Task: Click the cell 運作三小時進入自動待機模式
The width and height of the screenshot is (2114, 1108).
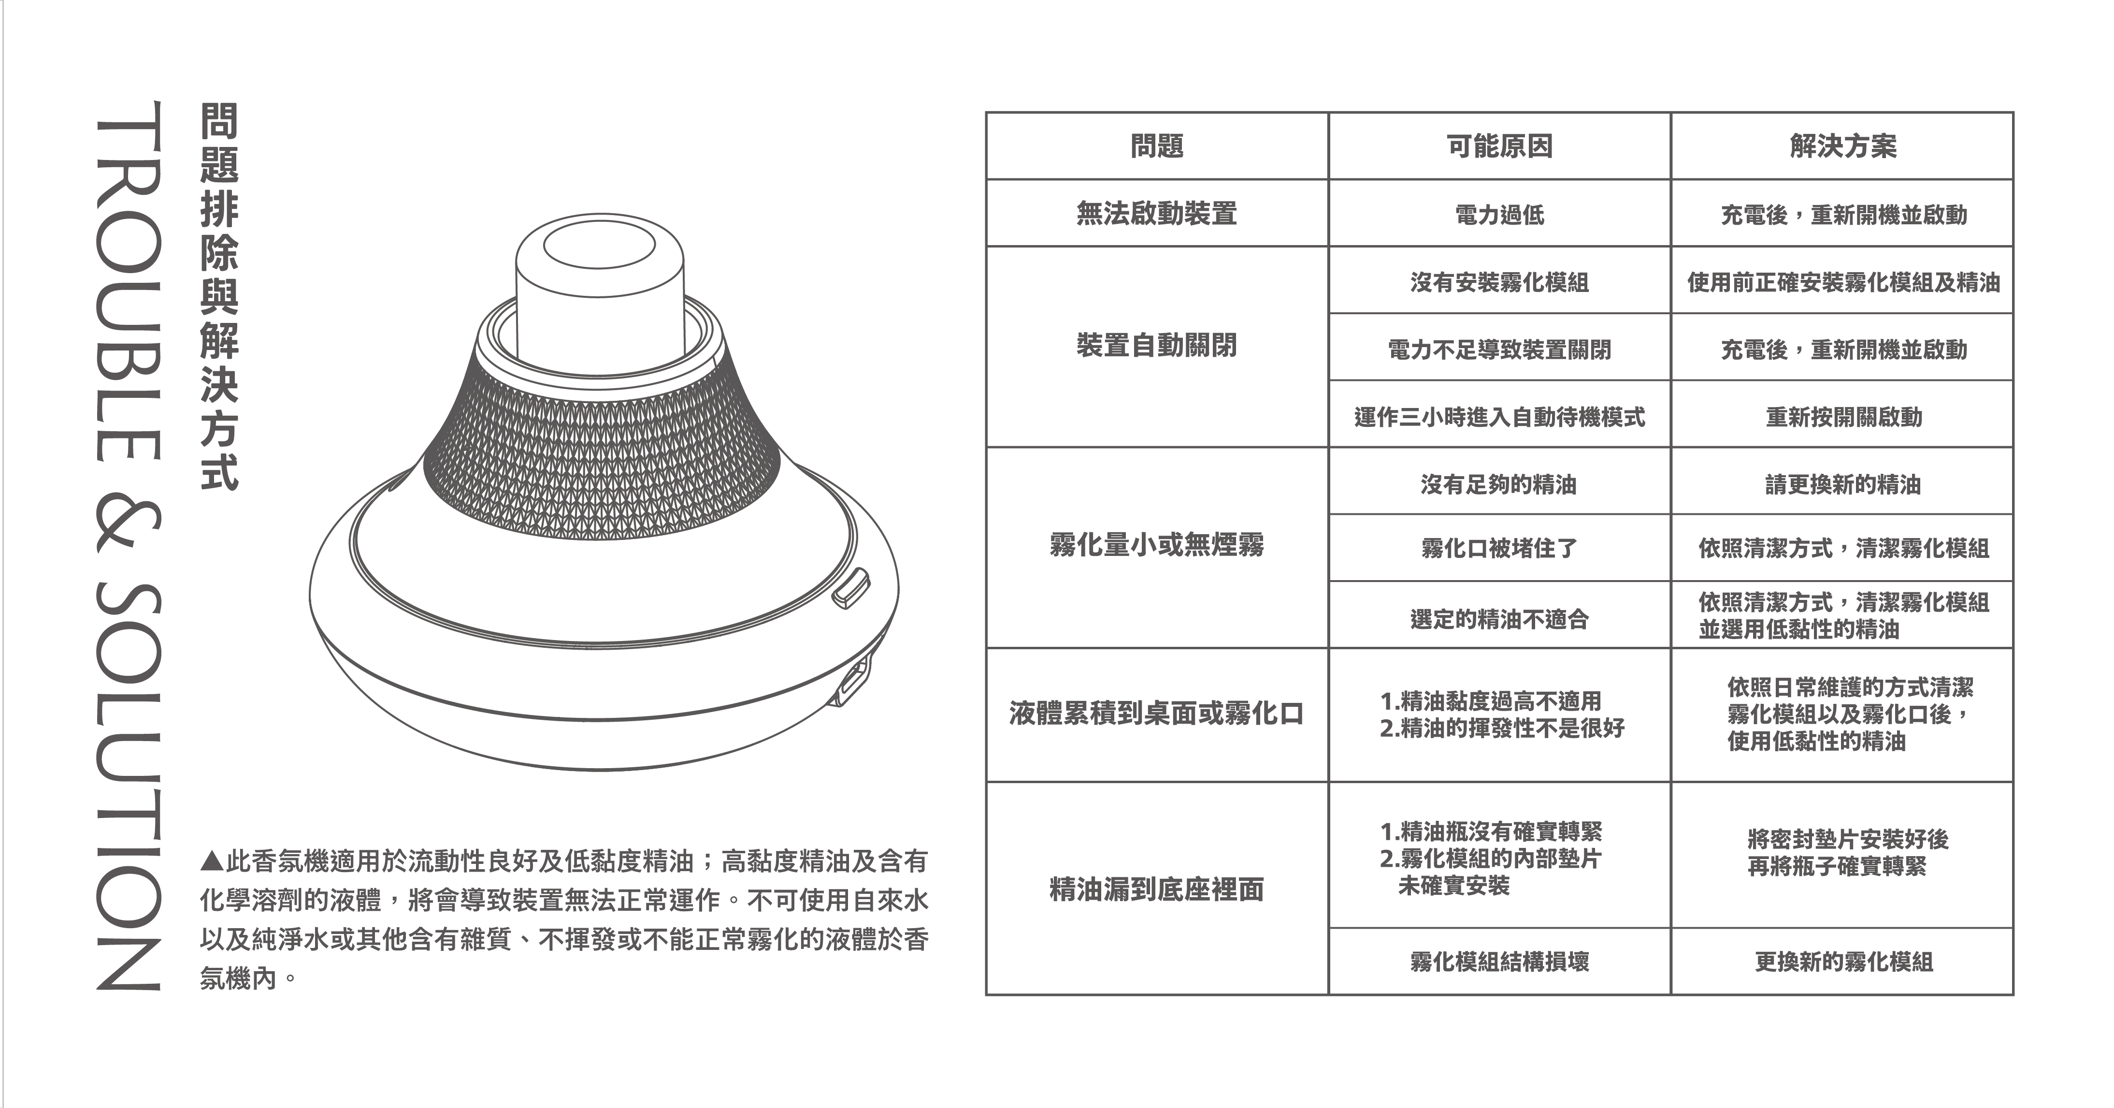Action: coord(1499,417)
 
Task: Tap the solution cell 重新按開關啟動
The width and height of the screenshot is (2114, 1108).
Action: coord(1843,417)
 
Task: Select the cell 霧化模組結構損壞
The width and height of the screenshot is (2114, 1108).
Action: coord(1499,961)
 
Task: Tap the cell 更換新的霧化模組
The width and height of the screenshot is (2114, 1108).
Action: coord(1843,961)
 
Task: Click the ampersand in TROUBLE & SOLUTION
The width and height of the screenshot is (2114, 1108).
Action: coord(127,523)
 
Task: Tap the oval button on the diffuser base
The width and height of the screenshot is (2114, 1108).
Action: coord(850,588)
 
